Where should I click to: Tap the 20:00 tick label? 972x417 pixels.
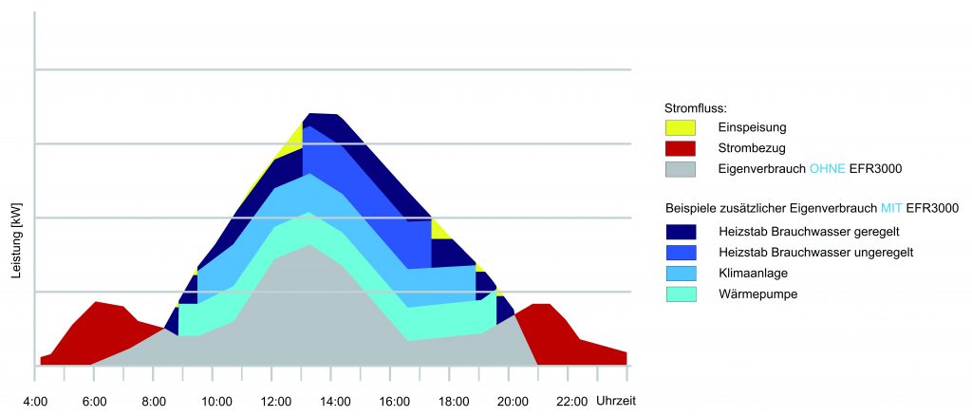(512, 401)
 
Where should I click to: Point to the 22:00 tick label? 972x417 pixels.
(571, 401)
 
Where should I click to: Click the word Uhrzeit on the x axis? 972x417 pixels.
(615, 401)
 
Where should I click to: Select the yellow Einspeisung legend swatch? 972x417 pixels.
(681, 126)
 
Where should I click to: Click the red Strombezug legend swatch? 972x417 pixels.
(681, 147)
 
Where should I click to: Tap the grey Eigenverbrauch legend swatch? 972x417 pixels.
(681, 168)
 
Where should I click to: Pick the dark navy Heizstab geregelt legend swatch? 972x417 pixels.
(681, 231)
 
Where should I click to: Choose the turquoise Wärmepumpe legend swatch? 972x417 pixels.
(681, 294)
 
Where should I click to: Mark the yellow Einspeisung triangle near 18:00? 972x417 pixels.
(439, 228)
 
